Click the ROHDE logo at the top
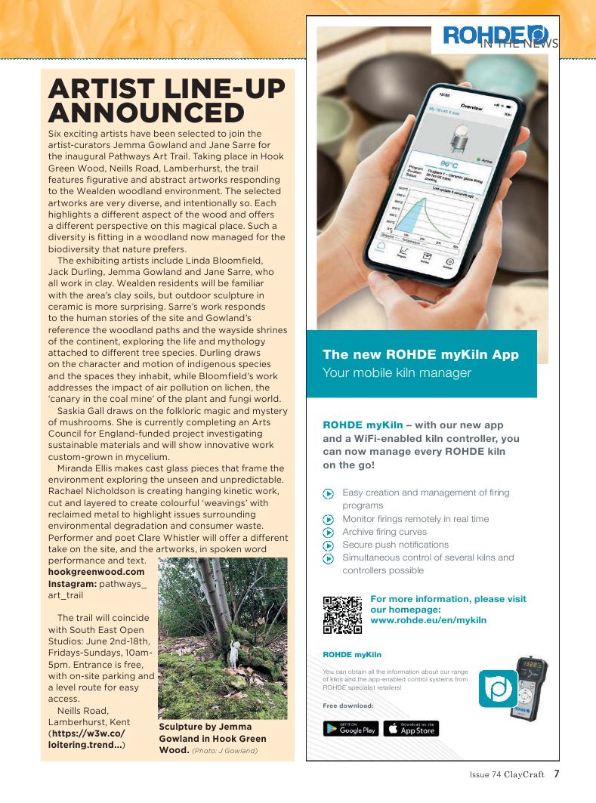(495, 34)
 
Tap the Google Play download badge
(350, 729)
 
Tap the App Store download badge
(411, 729)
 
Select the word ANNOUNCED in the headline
(146, 113)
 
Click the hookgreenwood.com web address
(96, 572)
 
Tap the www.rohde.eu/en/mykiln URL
(428, 620)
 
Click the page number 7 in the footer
(556, 774)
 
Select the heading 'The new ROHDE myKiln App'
(420, 354)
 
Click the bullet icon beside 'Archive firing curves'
(328, 532)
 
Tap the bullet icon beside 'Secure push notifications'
(328, 545)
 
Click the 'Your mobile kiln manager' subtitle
(397, 372)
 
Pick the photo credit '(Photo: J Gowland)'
(224, 751)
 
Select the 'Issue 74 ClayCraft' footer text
(506, 775)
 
